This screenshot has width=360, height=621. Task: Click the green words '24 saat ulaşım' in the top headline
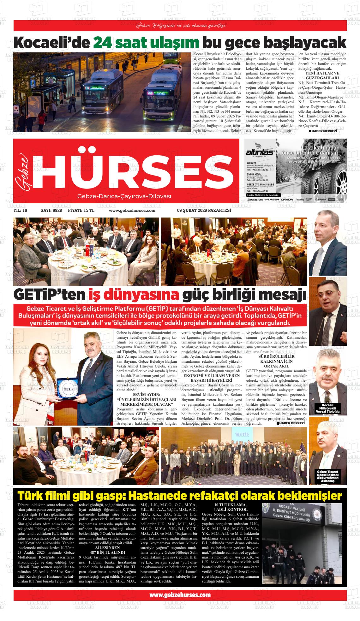click(146, 42)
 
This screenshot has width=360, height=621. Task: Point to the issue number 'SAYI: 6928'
click(51, 211)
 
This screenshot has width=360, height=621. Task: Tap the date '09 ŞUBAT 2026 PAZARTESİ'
click(204, 211)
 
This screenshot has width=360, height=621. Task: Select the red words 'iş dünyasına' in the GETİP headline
click(134, 295)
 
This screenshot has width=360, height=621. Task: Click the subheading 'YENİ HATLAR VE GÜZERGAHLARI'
click(322, 75)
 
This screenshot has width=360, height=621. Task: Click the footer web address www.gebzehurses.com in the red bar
click(180, 595)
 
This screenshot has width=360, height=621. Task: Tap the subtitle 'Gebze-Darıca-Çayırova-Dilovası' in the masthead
click(124, 196)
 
